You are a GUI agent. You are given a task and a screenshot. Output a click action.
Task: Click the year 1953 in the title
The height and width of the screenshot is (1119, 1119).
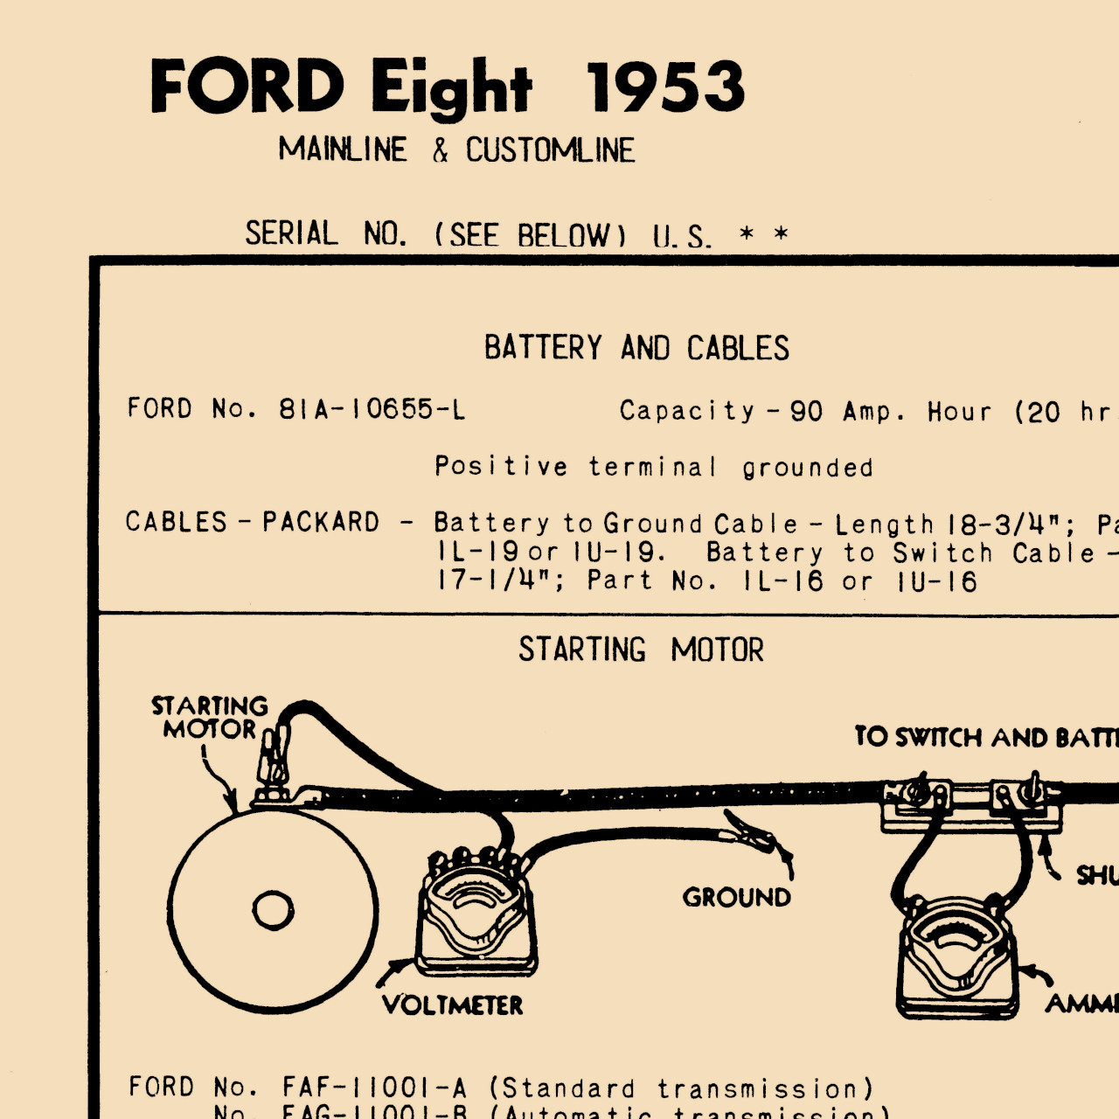[664, 87]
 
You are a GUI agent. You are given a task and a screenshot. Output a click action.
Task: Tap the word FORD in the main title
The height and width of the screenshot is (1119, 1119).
[247, 87]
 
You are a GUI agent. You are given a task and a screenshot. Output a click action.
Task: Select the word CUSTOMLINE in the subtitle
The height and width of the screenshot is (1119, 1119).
[550, 150]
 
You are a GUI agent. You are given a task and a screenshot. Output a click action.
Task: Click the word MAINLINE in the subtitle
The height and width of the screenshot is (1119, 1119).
[343, 149]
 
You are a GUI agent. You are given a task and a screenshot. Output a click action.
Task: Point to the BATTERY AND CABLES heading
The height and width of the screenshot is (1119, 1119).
[636, 348]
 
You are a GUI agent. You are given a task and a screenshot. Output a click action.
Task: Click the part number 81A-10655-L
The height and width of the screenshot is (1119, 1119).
[372, 409]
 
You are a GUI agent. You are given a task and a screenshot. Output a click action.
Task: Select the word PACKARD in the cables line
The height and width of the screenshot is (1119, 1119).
[321, 522]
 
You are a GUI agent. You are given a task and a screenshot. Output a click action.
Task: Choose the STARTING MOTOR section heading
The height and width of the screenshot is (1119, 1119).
[641, 650]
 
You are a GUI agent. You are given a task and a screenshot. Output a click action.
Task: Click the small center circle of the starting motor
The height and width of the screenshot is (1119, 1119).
[273, 911]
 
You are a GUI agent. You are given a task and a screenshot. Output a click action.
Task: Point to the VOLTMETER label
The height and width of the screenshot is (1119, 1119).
[453, 1005]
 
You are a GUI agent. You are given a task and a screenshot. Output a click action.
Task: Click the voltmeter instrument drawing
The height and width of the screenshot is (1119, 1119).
[476, 918]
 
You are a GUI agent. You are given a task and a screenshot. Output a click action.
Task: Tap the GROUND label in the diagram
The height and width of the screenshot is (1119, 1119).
[736, 897]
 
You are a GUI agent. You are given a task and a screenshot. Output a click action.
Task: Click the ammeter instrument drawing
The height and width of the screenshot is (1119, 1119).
[957, 957]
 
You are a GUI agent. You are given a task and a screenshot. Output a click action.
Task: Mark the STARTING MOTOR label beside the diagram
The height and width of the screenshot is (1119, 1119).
[210, 717]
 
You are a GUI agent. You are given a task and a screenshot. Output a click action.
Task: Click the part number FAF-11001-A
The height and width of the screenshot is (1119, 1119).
[374, 1088]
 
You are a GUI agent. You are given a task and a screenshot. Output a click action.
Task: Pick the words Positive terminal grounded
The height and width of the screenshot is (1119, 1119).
[654, 467]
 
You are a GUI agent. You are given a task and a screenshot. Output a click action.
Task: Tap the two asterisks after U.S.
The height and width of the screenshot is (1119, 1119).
[763, 234]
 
